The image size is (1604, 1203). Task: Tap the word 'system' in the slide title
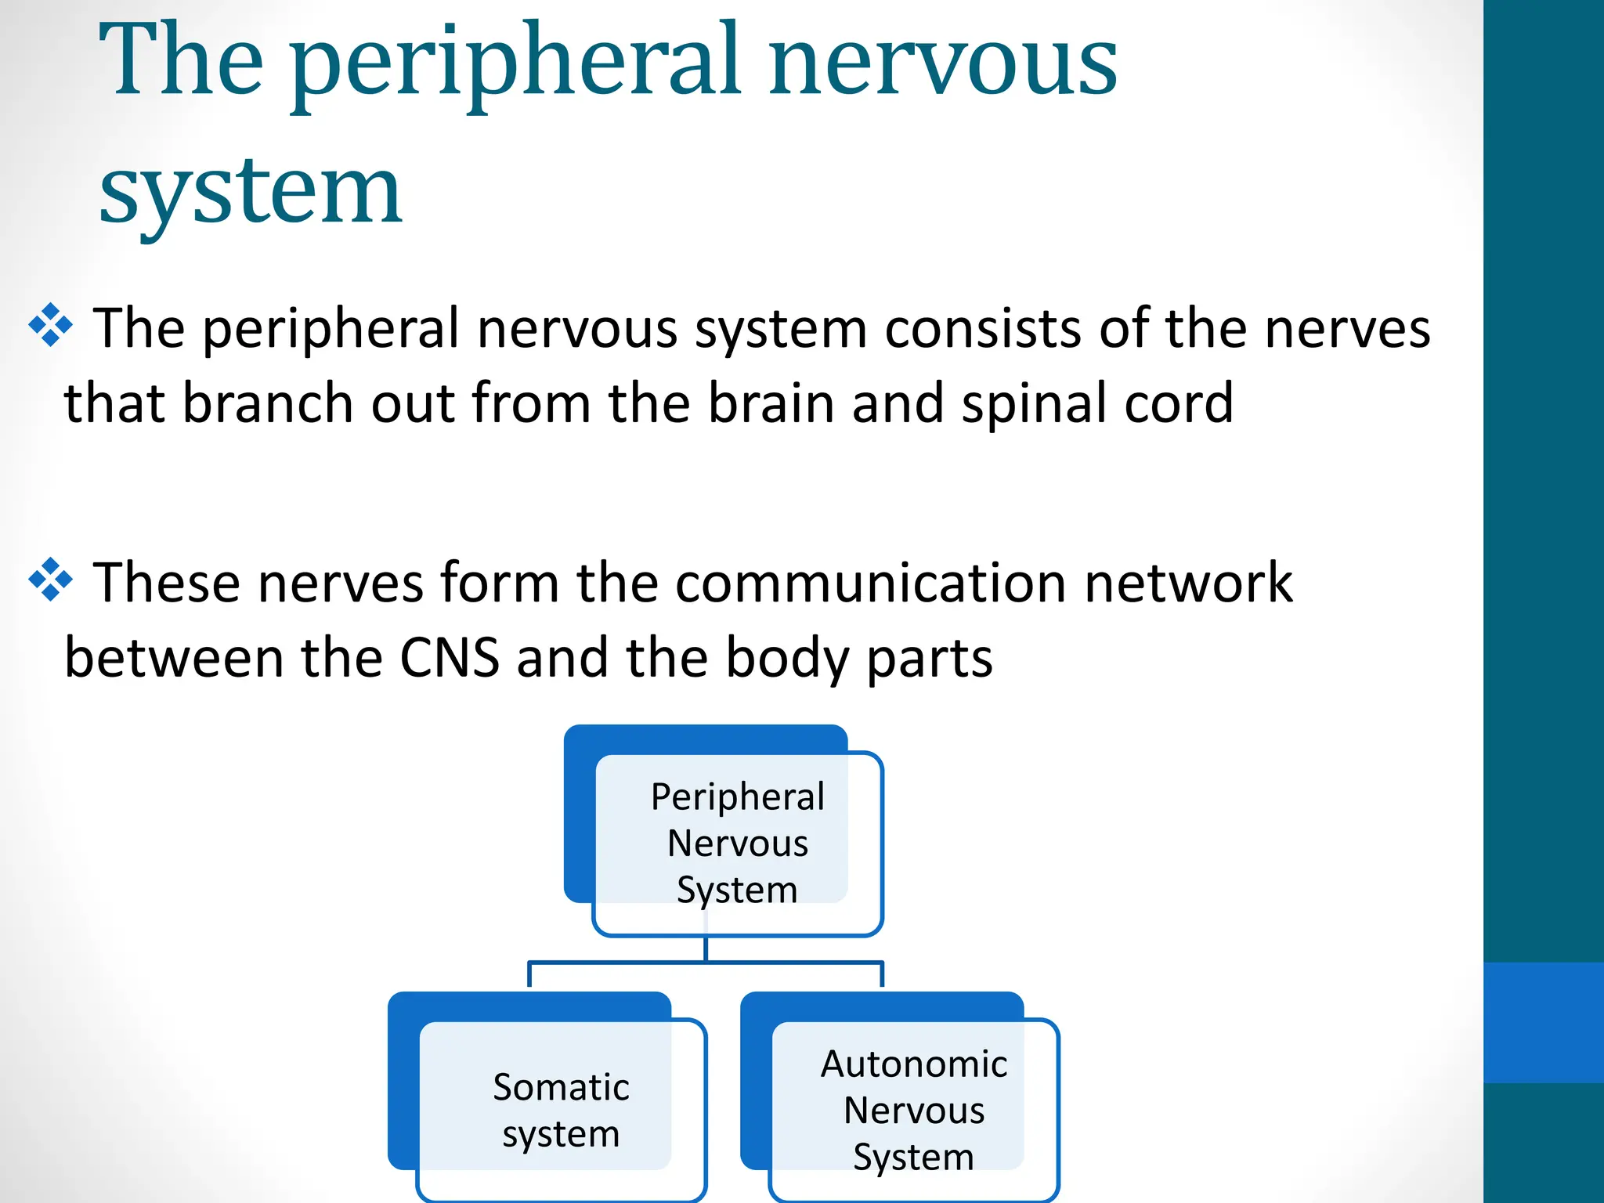pyautogui.click(x=251, y=192)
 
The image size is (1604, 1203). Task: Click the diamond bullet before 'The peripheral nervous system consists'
pyautogui.click(x=51, y=324)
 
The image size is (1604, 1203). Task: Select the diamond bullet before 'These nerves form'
pyautogui.click(x=51, y=580)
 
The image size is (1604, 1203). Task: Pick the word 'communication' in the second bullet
pyautogui.click(x=871, y=583)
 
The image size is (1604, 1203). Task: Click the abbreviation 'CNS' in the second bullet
pyautogui.click(x=450, y=658)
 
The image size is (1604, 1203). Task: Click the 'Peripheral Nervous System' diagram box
pyautogui.click(x=737, y=843)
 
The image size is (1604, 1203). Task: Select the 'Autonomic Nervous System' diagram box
pyautogui.click(x=913, y=1109)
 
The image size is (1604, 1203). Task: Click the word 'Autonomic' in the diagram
pyautogui.click(x=913, y=1064)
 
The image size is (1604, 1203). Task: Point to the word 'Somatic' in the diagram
pyautogui.click(x=561, y=1088)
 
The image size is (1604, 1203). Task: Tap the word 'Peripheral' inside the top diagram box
pyautogui.click(x=737, y=797)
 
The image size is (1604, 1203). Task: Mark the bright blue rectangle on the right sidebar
pyautogui.click(x=1543, y=1022)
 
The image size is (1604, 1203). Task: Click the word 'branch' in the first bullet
pyautogui.click(x=267, y=403)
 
